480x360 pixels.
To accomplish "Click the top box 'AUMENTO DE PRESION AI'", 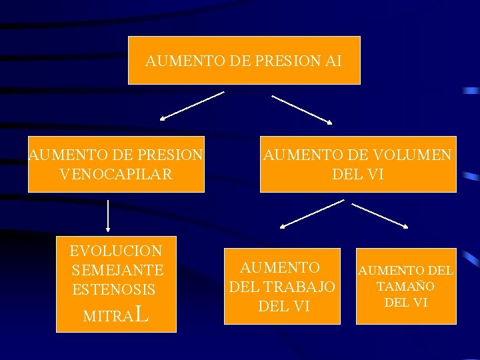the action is (244, 61).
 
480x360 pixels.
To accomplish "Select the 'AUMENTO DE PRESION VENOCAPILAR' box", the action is (116, 164).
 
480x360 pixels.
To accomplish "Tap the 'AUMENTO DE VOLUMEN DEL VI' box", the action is (358, 164).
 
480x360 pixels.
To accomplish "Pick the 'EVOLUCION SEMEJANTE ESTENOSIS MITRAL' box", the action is (116, 283).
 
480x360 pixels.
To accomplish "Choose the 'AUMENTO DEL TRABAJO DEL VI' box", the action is (281, 286).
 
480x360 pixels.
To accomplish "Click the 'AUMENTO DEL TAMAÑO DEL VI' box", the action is (405, 286).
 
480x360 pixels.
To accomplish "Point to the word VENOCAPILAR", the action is (116, 175).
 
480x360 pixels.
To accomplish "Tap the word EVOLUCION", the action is (116, 251).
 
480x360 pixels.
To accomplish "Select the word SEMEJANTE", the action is (117, 270).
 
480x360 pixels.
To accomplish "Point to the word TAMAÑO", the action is (405, 287).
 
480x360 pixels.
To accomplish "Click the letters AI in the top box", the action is (333, 61).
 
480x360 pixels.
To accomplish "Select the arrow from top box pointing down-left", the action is (192, 105).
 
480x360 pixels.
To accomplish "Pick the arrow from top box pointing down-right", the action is (301, 109).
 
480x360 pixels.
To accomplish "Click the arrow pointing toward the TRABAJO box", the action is (311, 214).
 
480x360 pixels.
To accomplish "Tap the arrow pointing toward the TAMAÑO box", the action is (379, 215).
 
